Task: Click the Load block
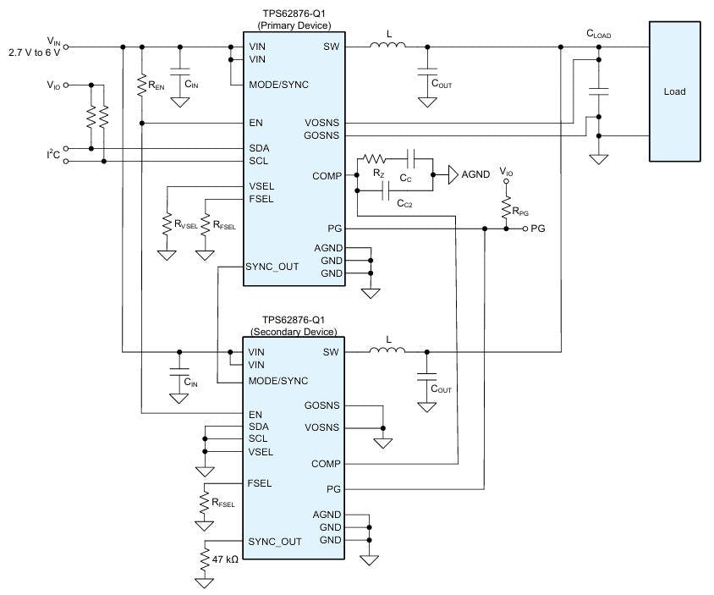tap(674, 91)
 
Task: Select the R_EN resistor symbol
tap(141, 85)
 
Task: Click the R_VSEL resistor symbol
tap(168, 225)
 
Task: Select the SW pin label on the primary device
tap(331, 47)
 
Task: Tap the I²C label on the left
tap(54, 153)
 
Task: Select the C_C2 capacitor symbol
tap(385, 193)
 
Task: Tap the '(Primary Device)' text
tap(294, 26)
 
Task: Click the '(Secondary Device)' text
tap(294, 331)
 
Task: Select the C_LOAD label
tap(598, 35)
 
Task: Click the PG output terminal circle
tap(525, 229)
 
